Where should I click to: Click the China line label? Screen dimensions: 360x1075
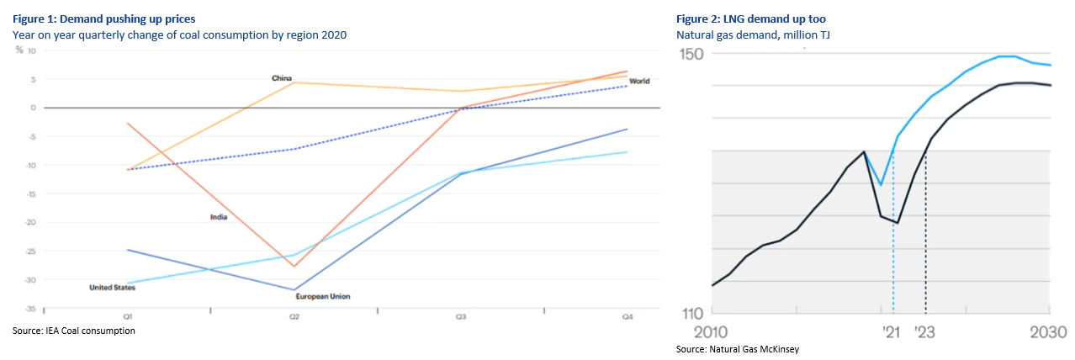[281, 78]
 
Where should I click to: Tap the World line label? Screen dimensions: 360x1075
[639, 81]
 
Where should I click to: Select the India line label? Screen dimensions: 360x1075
[219, 217]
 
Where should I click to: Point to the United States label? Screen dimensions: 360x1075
[112, 288]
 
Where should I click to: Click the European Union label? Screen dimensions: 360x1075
[323, 296]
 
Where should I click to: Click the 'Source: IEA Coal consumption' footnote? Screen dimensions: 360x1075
[74, 331]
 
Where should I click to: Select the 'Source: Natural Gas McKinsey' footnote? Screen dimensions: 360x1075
[738, 349]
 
